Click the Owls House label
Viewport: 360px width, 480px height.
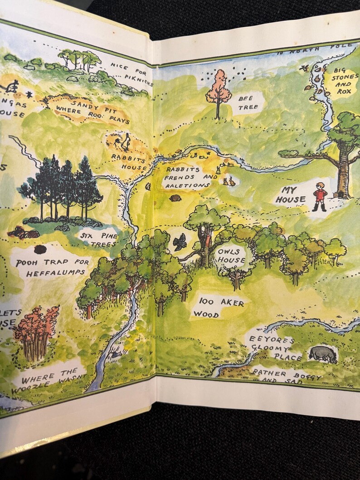tap(231, 256)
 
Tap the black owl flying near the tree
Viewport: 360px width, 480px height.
tap(180, 242)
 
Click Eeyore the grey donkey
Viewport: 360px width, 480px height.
tap(323, 354)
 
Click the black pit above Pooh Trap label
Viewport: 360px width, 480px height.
tap(40, 249)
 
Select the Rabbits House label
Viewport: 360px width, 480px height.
tap(130, 163)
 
